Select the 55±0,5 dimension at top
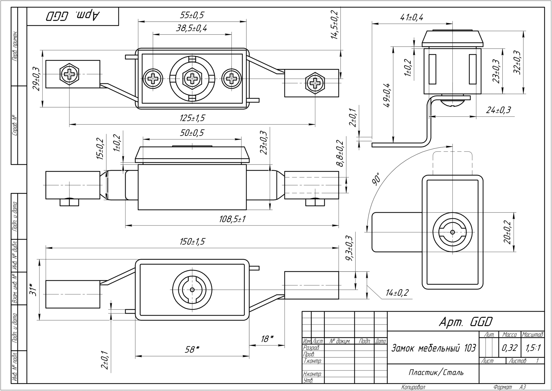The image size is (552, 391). [x=192, y=15]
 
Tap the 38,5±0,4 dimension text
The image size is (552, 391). [x=192, y=28]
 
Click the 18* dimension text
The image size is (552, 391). [x=267, y=339]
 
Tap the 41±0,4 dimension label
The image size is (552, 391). [x=412, y=17]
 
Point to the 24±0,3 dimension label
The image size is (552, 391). [x=498, y=110]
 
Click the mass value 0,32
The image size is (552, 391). [x=510, y=348]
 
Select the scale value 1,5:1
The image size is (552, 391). [x=533, y=348]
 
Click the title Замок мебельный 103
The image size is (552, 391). [x=433, y=348]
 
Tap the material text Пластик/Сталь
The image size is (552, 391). [x=436, y=373]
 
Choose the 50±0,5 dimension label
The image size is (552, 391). [x=192, y=133]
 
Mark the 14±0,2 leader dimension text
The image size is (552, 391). [x=397, y=293]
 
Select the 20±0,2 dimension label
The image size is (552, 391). [x=507, y=232]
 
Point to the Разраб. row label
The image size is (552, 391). [x=311, y=348]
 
